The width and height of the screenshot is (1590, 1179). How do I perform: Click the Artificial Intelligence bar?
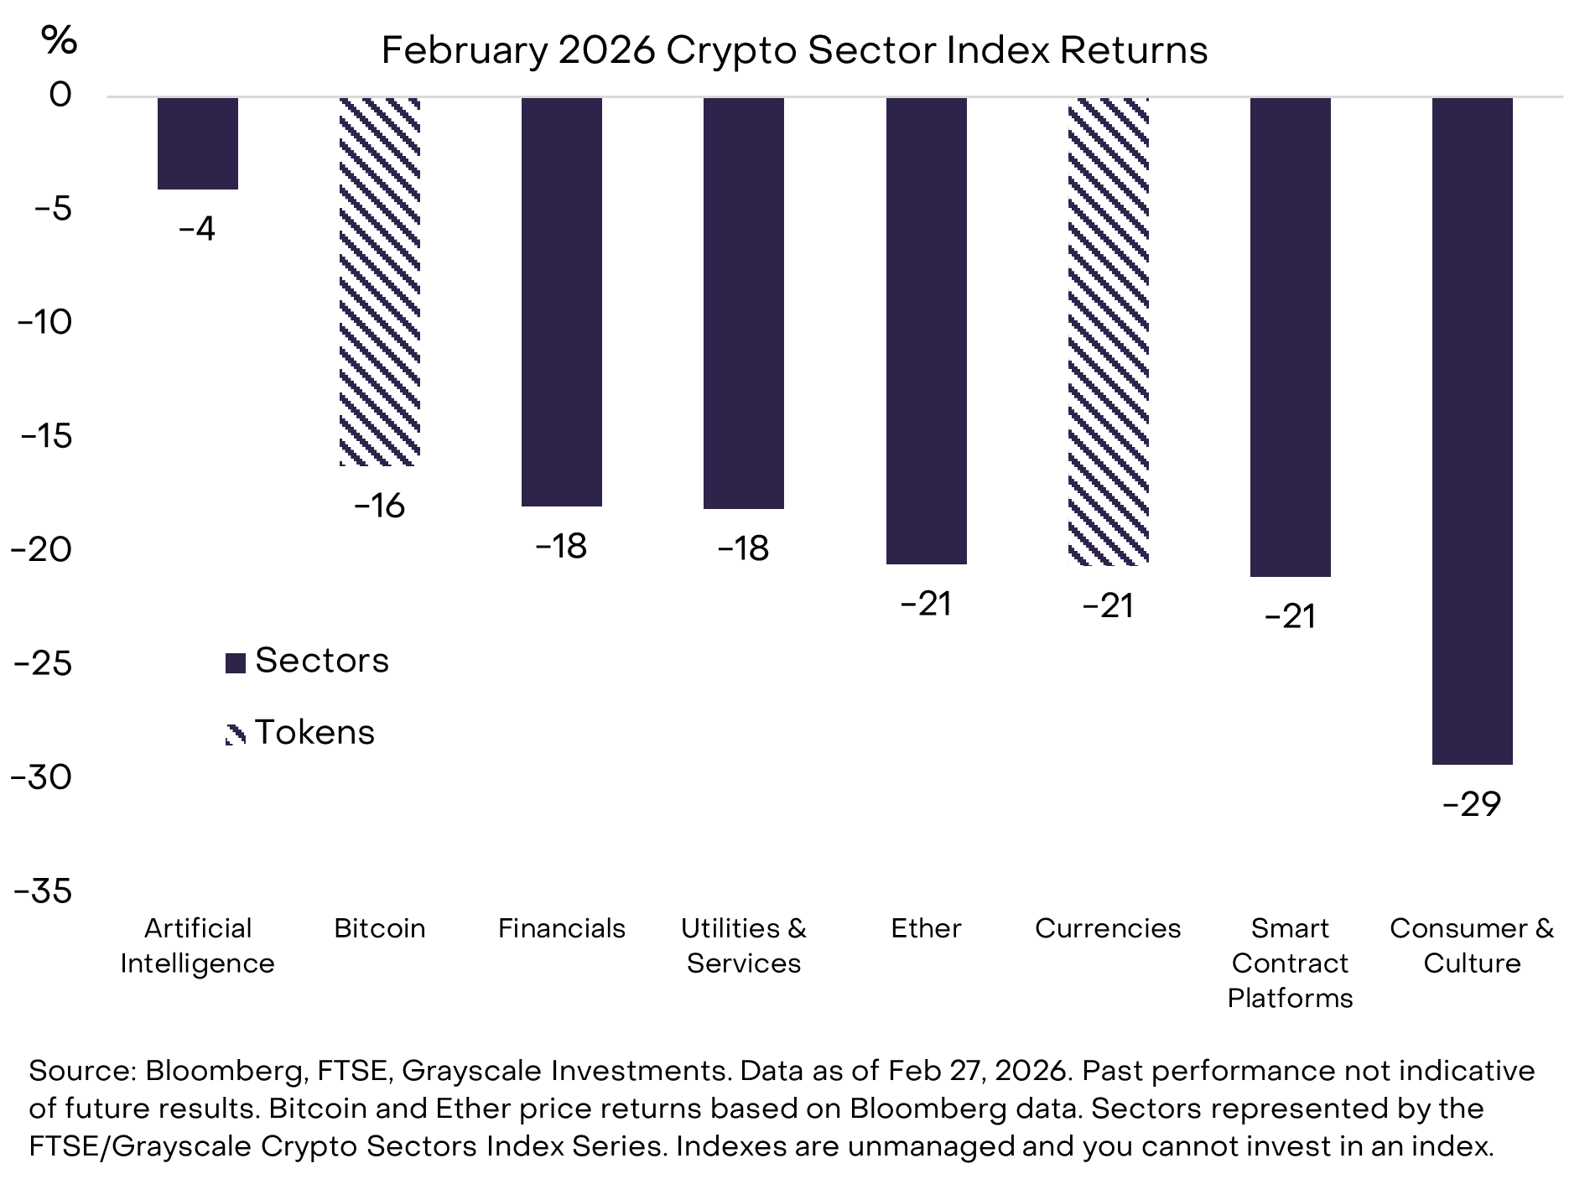coord(198,143)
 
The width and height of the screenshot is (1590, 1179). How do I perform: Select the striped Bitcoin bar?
coord(380,281)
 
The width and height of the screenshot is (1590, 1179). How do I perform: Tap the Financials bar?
coord(562,302)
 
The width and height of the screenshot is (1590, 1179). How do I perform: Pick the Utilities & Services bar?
coord(744,303)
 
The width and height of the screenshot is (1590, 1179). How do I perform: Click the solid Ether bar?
coord(926,330)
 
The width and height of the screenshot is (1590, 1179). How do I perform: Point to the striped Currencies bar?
coord(1108,330)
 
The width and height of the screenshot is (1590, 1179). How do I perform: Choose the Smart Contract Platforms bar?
coord(1290,337)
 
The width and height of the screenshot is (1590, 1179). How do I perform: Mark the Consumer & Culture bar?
coord(1472,431)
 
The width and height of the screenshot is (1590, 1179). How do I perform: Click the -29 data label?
coord(1472,805)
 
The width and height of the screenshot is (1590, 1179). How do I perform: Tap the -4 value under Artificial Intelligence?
coord(198,229)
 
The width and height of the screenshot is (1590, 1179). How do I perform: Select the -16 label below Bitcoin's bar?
coord(380,506)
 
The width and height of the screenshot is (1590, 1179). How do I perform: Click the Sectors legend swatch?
coord(236,663)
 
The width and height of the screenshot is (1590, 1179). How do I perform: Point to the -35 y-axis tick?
coord(43,891)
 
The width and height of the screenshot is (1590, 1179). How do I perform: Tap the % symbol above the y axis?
coord(59,39)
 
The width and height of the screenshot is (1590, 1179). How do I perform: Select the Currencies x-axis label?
coord(1108,928)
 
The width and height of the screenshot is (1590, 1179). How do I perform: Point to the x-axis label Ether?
coord(926,928)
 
